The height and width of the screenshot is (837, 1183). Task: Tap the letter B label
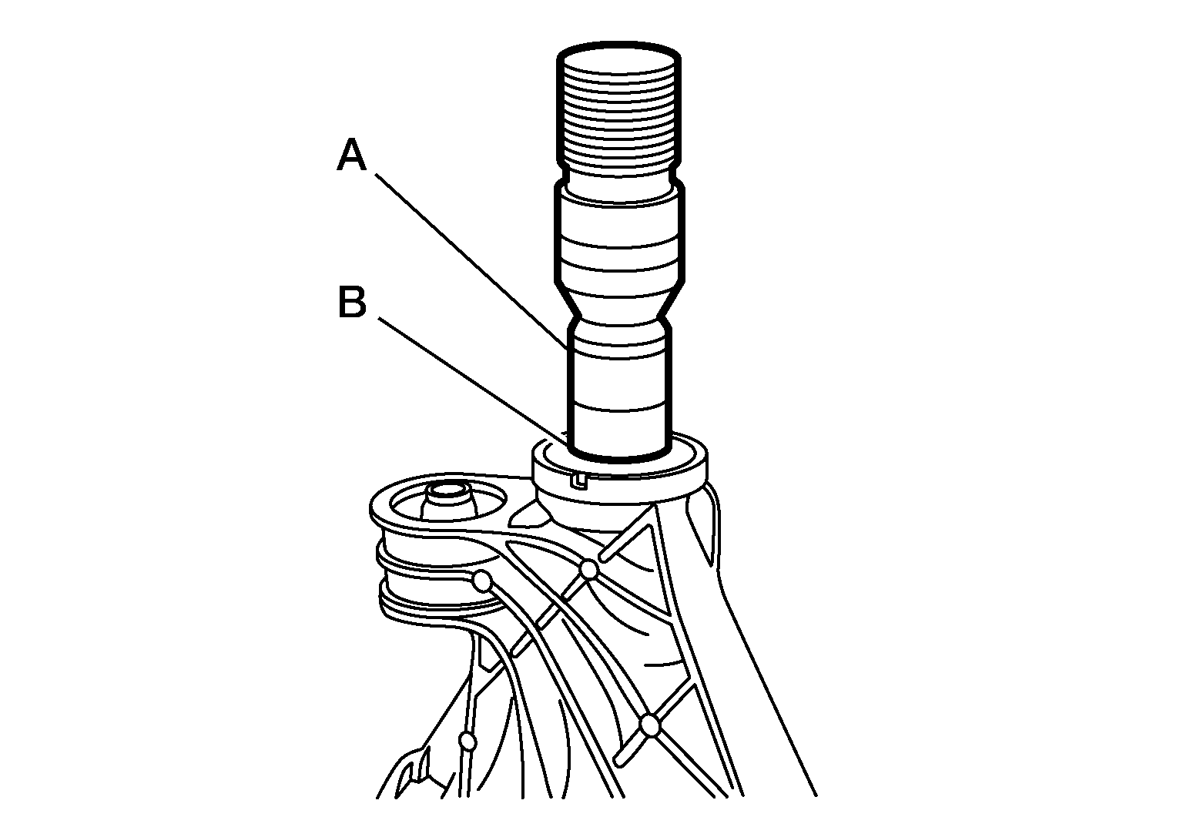[x=352, y=302]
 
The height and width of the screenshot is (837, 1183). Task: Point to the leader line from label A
[x=473, y=262]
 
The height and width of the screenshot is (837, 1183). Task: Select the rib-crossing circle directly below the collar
[x=589, y=569]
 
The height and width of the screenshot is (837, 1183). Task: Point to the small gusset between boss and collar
[x=528, y=516]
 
